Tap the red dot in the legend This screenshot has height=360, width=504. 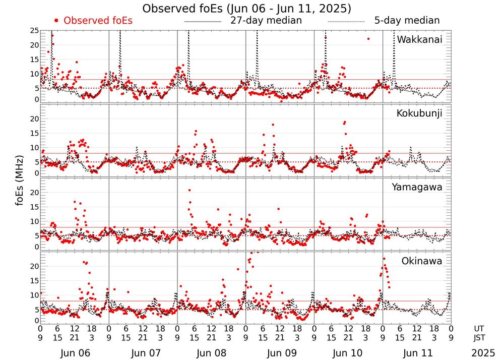point(56,21)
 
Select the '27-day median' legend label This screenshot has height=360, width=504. point(266,21)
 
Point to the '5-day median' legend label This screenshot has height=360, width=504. point(407,21)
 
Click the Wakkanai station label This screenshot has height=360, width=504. point(419,40)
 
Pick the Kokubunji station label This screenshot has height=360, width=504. point(419,113)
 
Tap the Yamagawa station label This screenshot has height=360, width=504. point(417,187)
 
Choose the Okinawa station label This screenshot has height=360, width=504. point(421,261)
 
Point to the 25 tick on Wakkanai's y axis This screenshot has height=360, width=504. point(34,31)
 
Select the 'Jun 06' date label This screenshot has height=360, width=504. point(74,353)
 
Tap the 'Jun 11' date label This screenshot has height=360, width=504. point(417,353)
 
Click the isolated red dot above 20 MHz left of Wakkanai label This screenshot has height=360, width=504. point(368,39)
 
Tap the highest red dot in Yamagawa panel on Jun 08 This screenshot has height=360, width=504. point(190,191)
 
